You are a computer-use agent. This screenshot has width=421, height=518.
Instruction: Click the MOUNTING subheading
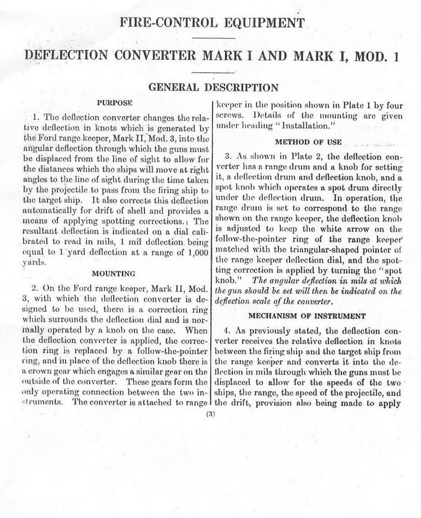112,273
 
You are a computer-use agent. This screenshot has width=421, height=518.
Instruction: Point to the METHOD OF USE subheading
308,142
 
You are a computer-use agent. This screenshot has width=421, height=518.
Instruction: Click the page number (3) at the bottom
210,415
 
